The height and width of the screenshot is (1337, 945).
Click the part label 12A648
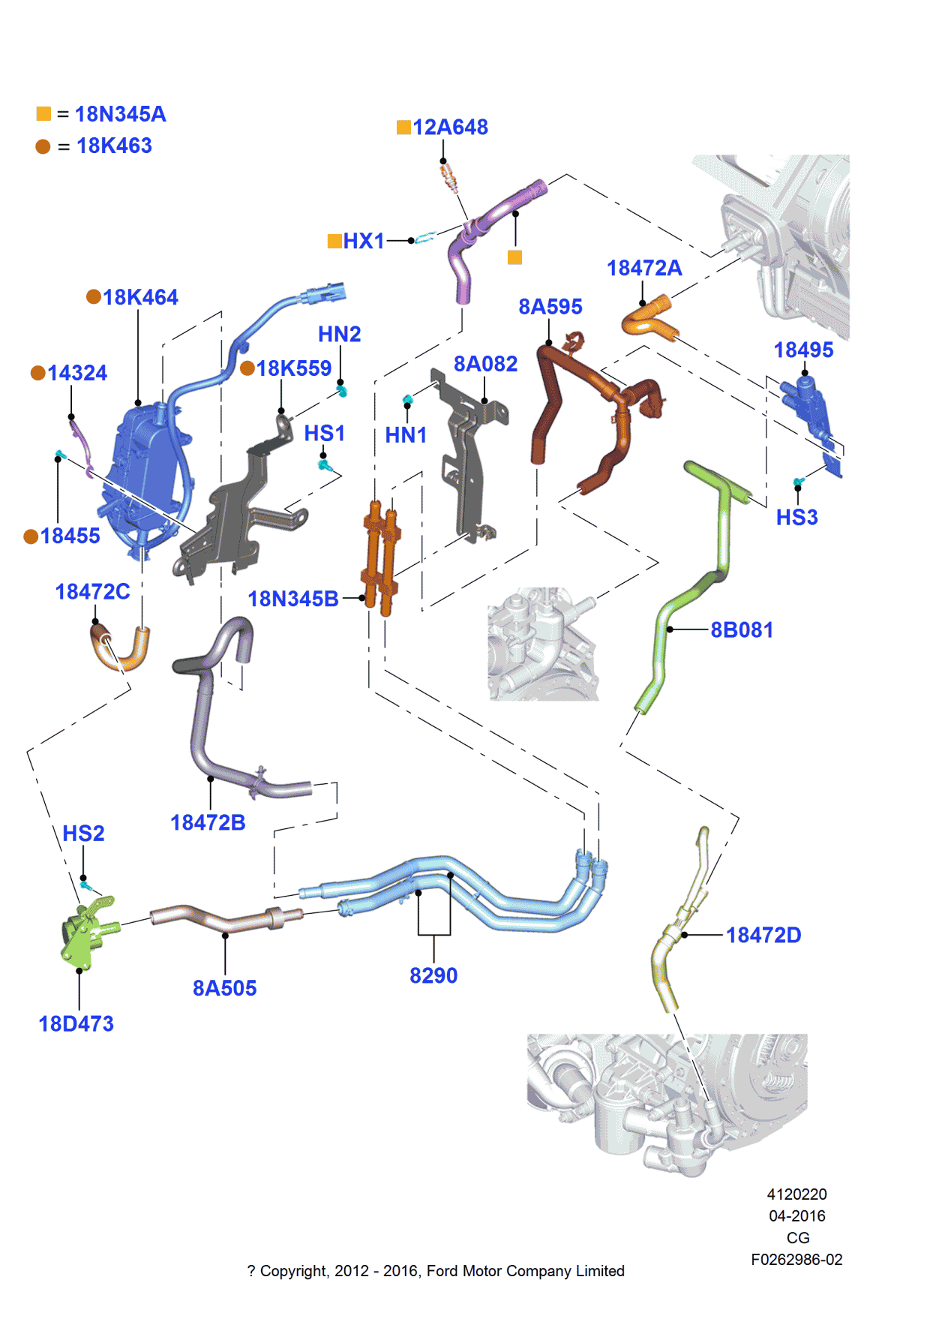[450, 128]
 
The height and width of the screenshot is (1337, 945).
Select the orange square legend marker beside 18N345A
[43, 113]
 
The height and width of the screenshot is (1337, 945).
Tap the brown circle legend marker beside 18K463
[43, 146]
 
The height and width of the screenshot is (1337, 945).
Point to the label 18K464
[140, 298]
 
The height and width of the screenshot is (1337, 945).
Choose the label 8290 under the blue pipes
[433, 975]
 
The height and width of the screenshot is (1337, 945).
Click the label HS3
[796, 518]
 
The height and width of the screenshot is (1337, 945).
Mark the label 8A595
[550, 307]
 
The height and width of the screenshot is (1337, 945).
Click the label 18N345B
[293, 599]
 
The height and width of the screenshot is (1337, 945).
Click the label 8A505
[224, 988]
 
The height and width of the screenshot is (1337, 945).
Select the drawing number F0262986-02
[796, 1260]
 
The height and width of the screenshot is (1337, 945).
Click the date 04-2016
[796, 1215]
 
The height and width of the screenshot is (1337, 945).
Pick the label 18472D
[763, 936]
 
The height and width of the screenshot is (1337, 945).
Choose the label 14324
[77, 373]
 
